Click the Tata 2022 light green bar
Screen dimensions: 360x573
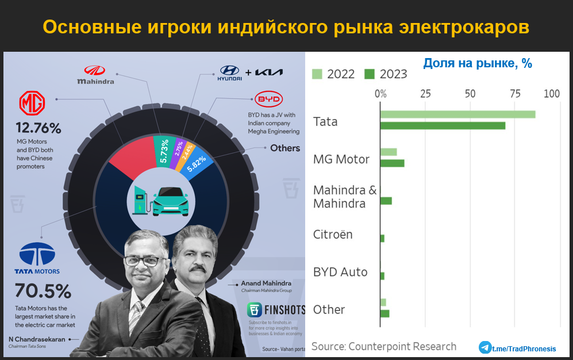(457, 114)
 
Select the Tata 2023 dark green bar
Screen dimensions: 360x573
(443, 125)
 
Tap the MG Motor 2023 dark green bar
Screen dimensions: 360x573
(392, 163)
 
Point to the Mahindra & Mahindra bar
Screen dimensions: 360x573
(386, 201)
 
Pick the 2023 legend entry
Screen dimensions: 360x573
(386, 74)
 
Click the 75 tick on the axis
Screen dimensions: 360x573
(514, 93)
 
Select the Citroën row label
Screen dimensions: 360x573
(333, 235)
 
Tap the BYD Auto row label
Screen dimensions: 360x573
(340, 272)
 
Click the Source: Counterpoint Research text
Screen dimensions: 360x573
(384, 346)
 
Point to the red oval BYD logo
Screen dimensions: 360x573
(267, 99)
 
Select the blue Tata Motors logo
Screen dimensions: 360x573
(37, 254)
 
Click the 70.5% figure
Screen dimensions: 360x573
(43, 291)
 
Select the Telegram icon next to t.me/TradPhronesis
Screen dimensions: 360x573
(485, 347)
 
